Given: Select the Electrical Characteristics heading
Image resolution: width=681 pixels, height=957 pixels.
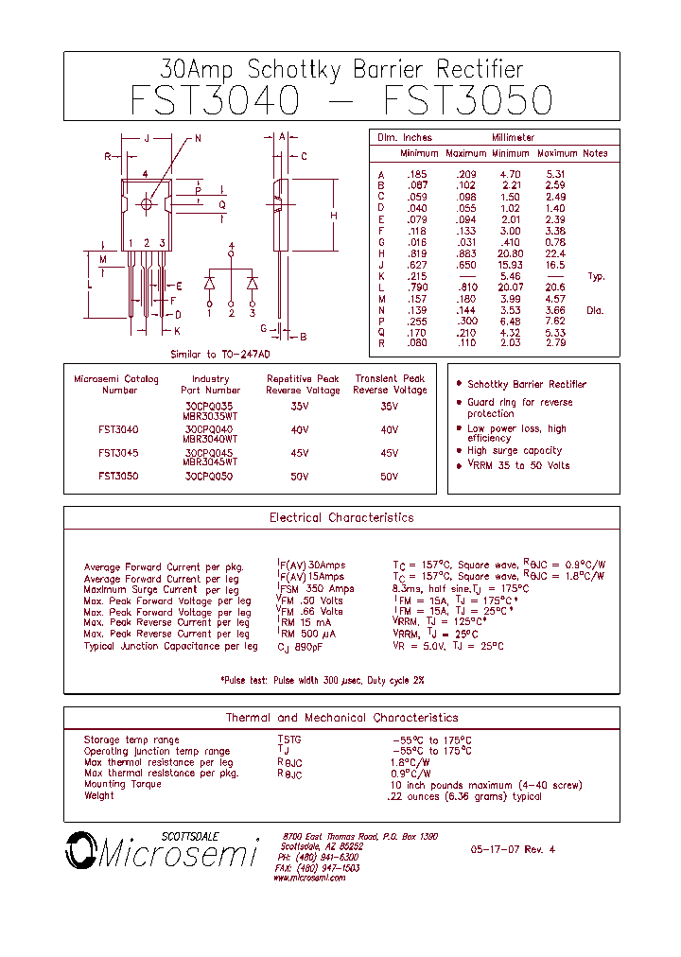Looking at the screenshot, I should coord(341,517).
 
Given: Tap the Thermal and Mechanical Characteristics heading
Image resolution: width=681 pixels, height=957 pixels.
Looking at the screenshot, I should coord(341,718).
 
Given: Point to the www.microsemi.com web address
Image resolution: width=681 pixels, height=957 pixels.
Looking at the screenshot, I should coord(309,878).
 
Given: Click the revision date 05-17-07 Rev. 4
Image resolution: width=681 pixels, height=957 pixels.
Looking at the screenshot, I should coord(513,849).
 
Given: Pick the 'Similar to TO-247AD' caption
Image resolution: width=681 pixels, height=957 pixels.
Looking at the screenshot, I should coord(220,354).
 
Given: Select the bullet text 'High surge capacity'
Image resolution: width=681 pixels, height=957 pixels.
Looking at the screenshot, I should coord(515,451).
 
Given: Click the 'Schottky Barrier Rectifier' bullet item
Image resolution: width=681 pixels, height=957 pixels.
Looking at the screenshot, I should coord(526,385).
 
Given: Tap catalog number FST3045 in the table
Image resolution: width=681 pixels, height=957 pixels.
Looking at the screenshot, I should coord(118,453).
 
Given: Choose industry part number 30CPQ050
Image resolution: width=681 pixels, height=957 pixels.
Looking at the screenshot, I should coord(209,477).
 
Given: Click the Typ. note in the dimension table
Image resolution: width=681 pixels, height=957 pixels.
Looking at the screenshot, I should coord(596,276).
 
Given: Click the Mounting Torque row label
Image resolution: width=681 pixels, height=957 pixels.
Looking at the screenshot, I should coord(123,784).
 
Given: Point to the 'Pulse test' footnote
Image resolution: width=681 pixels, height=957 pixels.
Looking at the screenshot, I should coord(323,681).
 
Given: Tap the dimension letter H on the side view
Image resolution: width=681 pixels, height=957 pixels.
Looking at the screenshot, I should coord(334,217).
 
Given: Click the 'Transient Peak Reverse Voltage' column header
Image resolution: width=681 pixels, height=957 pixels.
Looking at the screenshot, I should coord(390,384).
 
